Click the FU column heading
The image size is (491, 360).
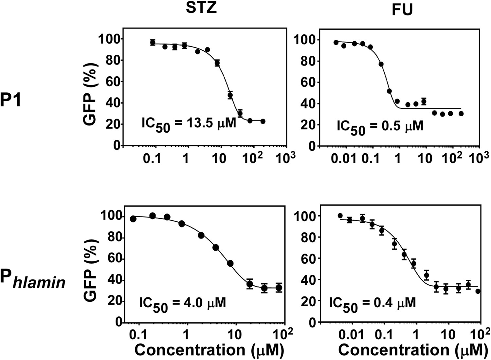pos(402,10)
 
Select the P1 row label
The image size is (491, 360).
pos(10,100)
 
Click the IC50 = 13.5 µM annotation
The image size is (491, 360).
pos(189,124)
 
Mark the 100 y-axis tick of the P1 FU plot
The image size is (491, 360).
pos(302,40)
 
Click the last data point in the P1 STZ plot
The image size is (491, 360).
pos(263,121)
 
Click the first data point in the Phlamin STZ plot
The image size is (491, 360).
pos(133,219)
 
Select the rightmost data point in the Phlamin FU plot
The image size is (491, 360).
pos(478,291)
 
